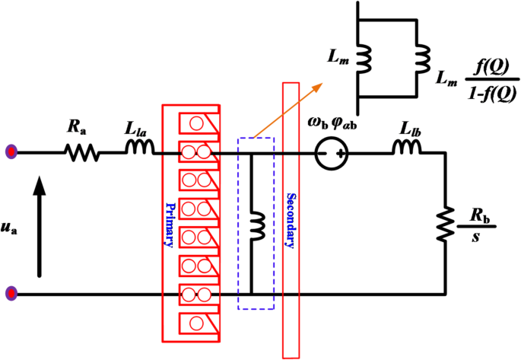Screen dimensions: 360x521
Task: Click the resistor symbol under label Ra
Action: (x=81, y=153)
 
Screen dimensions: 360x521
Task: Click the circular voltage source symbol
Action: (x=331, y=155)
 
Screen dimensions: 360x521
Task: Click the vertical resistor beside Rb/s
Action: (x=443, y=223)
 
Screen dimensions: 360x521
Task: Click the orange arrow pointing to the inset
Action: (x=290, y=113)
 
